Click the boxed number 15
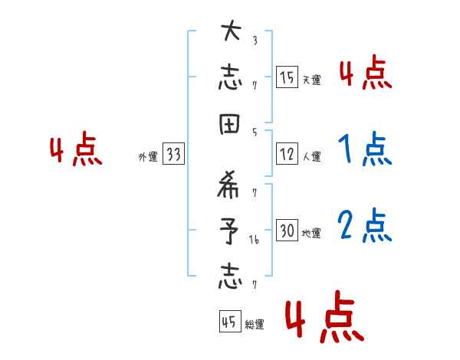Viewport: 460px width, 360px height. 286,77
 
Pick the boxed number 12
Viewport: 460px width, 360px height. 286,154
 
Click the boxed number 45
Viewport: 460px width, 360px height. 228,322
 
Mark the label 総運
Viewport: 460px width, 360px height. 254,325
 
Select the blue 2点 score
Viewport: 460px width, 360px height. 364,225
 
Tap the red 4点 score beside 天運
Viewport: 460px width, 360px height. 364,74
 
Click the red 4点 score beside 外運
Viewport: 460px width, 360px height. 76,150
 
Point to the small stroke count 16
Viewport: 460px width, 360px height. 254,240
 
